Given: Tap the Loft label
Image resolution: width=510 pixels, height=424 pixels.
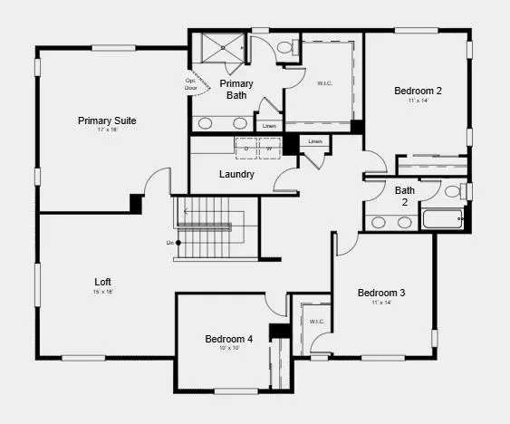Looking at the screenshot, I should (x=103, y=281).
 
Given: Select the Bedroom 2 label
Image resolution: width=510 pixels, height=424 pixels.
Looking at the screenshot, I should (x=418, y=91).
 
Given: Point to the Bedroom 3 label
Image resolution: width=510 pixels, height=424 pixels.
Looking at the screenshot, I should (x=380, y=293).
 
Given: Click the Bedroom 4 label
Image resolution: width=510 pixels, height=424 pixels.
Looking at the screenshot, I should (x=228, y=339).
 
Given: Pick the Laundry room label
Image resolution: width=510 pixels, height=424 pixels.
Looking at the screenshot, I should (x=236, y=174).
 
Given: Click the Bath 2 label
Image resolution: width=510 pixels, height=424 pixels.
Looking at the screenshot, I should (x=405, y=196).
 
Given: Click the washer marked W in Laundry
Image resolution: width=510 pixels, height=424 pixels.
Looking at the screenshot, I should (x=269, y=148).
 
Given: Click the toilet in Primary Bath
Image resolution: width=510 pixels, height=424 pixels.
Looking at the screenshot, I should (x=284, y=47).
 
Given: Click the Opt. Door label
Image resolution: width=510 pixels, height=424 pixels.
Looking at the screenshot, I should (x=191, y=84).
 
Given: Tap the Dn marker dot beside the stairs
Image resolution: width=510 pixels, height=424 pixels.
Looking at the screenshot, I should (x=179, y=243).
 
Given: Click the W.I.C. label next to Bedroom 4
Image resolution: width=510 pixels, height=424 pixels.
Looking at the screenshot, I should (x=316, y=322).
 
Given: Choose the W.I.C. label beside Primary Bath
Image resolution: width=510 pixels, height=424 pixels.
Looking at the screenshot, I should (x=324, y=83).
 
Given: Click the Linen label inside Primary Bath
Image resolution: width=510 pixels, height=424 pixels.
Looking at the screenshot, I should (x=269, y=126).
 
